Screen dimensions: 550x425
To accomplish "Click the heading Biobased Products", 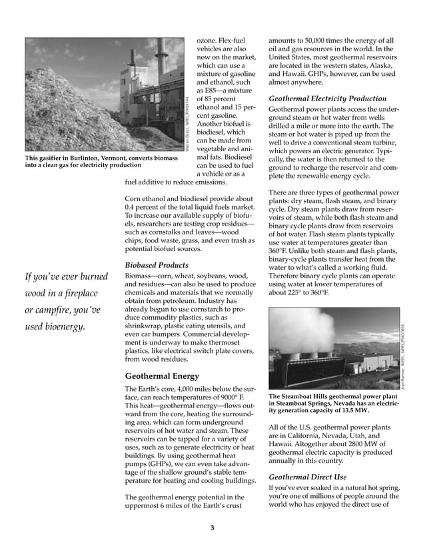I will point(157,265).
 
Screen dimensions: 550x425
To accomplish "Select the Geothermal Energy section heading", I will point(162,376).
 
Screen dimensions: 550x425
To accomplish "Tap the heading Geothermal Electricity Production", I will point(326,99).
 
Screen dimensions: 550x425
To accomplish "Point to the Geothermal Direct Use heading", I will point(307,477).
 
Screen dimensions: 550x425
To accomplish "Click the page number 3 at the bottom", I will point(212,529).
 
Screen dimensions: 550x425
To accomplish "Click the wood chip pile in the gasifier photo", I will point(60,113).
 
